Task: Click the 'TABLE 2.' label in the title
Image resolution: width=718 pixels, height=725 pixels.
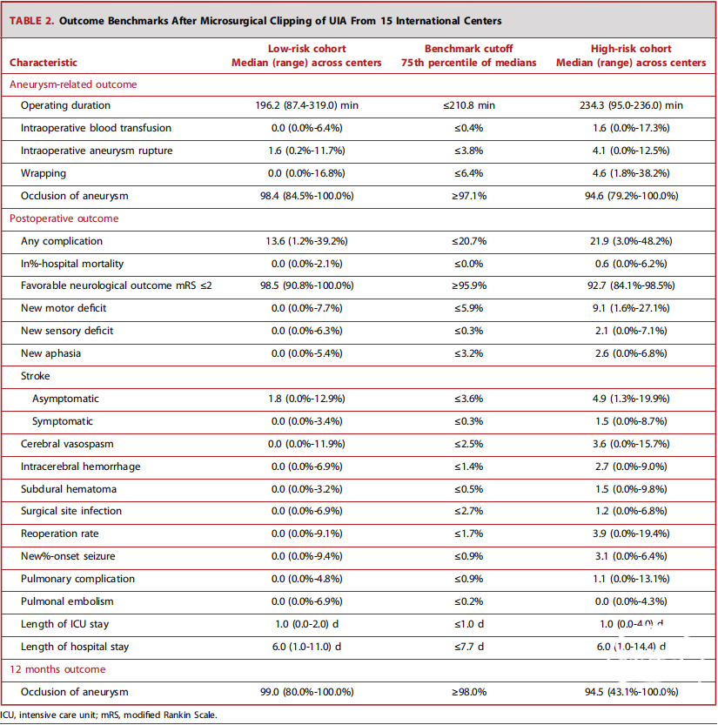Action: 32,21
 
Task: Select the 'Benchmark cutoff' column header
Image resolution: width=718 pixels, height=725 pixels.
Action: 468,49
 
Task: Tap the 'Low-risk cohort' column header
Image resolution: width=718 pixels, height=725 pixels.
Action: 306,49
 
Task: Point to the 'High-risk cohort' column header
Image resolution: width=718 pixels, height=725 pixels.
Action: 631,49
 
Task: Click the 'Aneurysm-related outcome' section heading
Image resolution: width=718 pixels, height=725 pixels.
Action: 73,84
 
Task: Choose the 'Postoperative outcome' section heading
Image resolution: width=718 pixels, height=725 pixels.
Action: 64,218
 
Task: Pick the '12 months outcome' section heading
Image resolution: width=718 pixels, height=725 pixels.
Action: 57,669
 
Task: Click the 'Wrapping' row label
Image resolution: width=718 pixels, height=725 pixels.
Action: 44,173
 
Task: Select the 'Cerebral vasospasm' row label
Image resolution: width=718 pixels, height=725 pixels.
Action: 67,444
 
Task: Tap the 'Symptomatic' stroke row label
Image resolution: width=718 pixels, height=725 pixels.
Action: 63,421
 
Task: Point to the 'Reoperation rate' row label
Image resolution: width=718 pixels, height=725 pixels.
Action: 60,534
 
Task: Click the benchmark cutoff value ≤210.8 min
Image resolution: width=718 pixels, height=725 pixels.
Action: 469,105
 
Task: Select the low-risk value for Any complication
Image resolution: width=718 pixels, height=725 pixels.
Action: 306,241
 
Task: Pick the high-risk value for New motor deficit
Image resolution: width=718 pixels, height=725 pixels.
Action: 631,308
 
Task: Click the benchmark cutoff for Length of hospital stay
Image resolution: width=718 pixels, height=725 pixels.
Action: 469,647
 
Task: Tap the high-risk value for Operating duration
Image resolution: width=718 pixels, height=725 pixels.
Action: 631,105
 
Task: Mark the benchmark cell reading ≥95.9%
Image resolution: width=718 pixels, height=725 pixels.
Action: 469,285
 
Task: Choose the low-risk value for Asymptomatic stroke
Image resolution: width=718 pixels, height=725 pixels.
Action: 306,399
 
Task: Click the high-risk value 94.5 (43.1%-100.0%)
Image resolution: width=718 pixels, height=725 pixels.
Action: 631,692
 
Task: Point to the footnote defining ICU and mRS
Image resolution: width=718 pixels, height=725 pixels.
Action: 109,715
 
